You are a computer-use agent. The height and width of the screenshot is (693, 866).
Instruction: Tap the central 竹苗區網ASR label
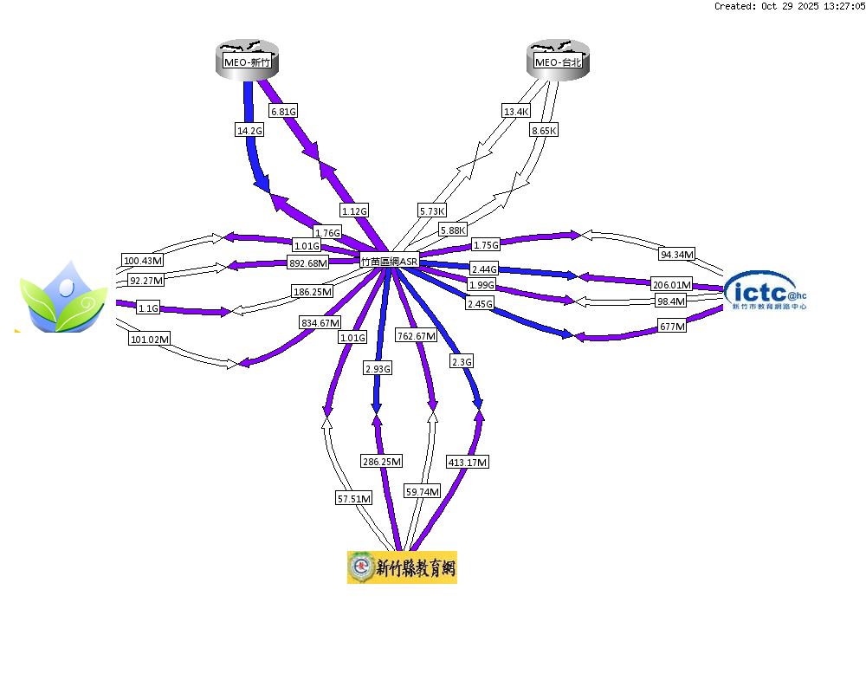390,261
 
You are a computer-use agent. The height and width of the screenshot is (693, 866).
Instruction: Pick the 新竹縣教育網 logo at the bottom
402,567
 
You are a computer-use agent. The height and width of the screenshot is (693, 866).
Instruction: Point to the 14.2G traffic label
249,130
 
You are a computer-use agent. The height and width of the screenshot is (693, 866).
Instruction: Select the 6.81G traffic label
283,111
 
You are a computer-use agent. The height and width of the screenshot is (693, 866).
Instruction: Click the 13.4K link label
516,111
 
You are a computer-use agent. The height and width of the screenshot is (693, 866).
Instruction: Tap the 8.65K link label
544,130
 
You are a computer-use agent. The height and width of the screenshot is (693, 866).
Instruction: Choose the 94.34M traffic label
677,255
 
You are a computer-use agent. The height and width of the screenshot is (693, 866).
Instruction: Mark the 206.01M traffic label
673,284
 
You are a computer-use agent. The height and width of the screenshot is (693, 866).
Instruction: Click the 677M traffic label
673,327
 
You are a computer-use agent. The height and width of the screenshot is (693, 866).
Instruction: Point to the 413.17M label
468,463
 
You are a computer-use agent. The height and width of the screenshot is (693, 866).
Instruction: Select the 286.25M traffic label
381,463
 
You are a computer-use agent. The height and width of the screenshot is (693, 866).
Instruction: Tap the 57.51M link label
354,498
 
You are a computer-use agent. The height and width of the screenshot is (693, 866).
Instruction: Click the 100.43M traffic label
143,261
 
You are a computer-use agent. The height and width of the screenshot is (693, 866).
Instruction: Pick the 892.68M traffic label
307,263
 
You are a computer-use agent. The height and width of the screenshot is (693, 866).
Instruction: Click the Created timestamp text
789,6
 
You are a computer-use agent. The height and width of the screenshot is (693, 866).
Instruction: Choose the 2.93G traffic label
378,368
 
